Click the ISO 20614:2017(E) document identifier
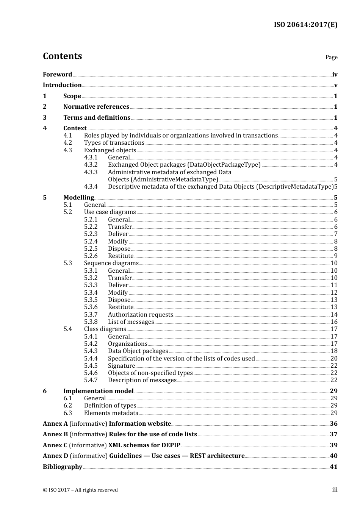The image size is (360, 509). coord(305,25)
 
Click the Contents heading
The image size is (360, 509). coord(62,56)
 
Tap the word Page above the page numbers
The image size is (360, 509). coord(331,57)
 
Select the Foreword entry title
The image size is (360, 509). coord(57,75)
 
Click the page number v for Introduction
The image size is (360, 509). coord(335,85)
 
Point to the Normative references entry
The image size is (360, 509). coord(96,107)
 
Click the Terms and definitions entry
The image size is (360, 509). coord(97,118)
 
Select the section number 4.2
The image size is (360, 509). coord(67,143)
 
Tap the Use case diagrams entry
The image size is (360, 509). coord(110,212)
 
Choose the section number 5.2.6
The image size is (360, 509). coord(91,256)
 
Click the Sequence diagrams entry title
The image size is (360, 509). coord(111,263)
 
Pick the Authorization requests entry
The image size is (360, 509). coord(141,315)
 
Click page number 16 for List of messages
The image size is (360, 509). coord(334,322)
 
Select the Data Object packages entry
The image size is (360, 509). coord(138,351)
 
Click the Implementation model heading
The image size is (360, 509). coord(99,391)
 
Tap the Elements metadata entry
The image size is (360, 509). coord(111,413)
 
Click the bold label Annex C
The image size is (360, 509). coord(55,445)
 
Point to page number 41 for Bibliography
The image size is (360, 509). coord(333,467)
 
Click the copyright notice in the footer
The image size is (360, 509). coord(80,490)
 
